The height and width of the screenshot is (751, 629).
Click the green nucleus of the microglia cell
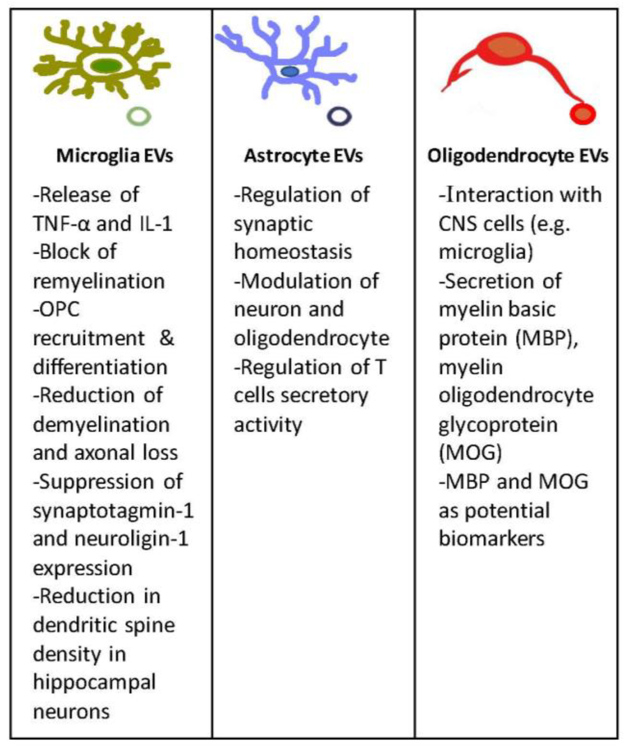click(x=106, y=66)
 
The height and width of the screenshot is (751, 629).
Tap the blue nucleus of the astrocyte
click(x=290, y=71)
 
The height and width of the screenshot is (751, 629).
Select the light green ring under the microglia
click(x=139, y=117)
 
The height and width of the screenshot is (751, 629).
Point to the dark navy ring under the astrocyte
click(x=339, y=117)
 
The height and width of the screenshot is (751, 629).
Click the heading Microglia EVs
click(x=115, y=156)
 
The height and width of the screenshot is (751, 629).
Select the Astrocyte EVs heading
click(x=303, y=156)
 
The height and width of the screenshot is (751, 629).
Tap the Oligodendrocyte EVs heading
click(x=517, y=156)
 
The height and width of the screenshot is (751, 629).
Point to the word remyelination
click(x=99, y=281)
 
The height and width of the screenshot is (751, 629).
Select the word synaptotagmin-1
click(x=113, y=511)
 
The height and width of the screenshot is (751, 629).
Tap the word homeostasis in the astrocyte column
click(x=293, y=252)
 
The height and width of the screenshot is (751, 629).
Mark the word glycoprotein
click(x=498, y=425)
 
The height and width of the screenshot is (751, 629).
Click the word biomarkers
click(x=491, y=539)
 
